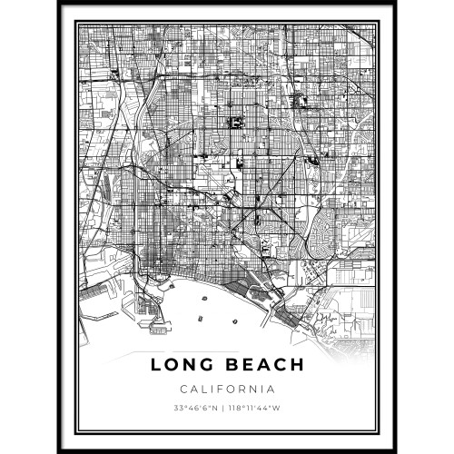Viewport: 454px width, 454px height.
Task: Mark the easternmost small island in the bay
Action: (239, 320)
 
